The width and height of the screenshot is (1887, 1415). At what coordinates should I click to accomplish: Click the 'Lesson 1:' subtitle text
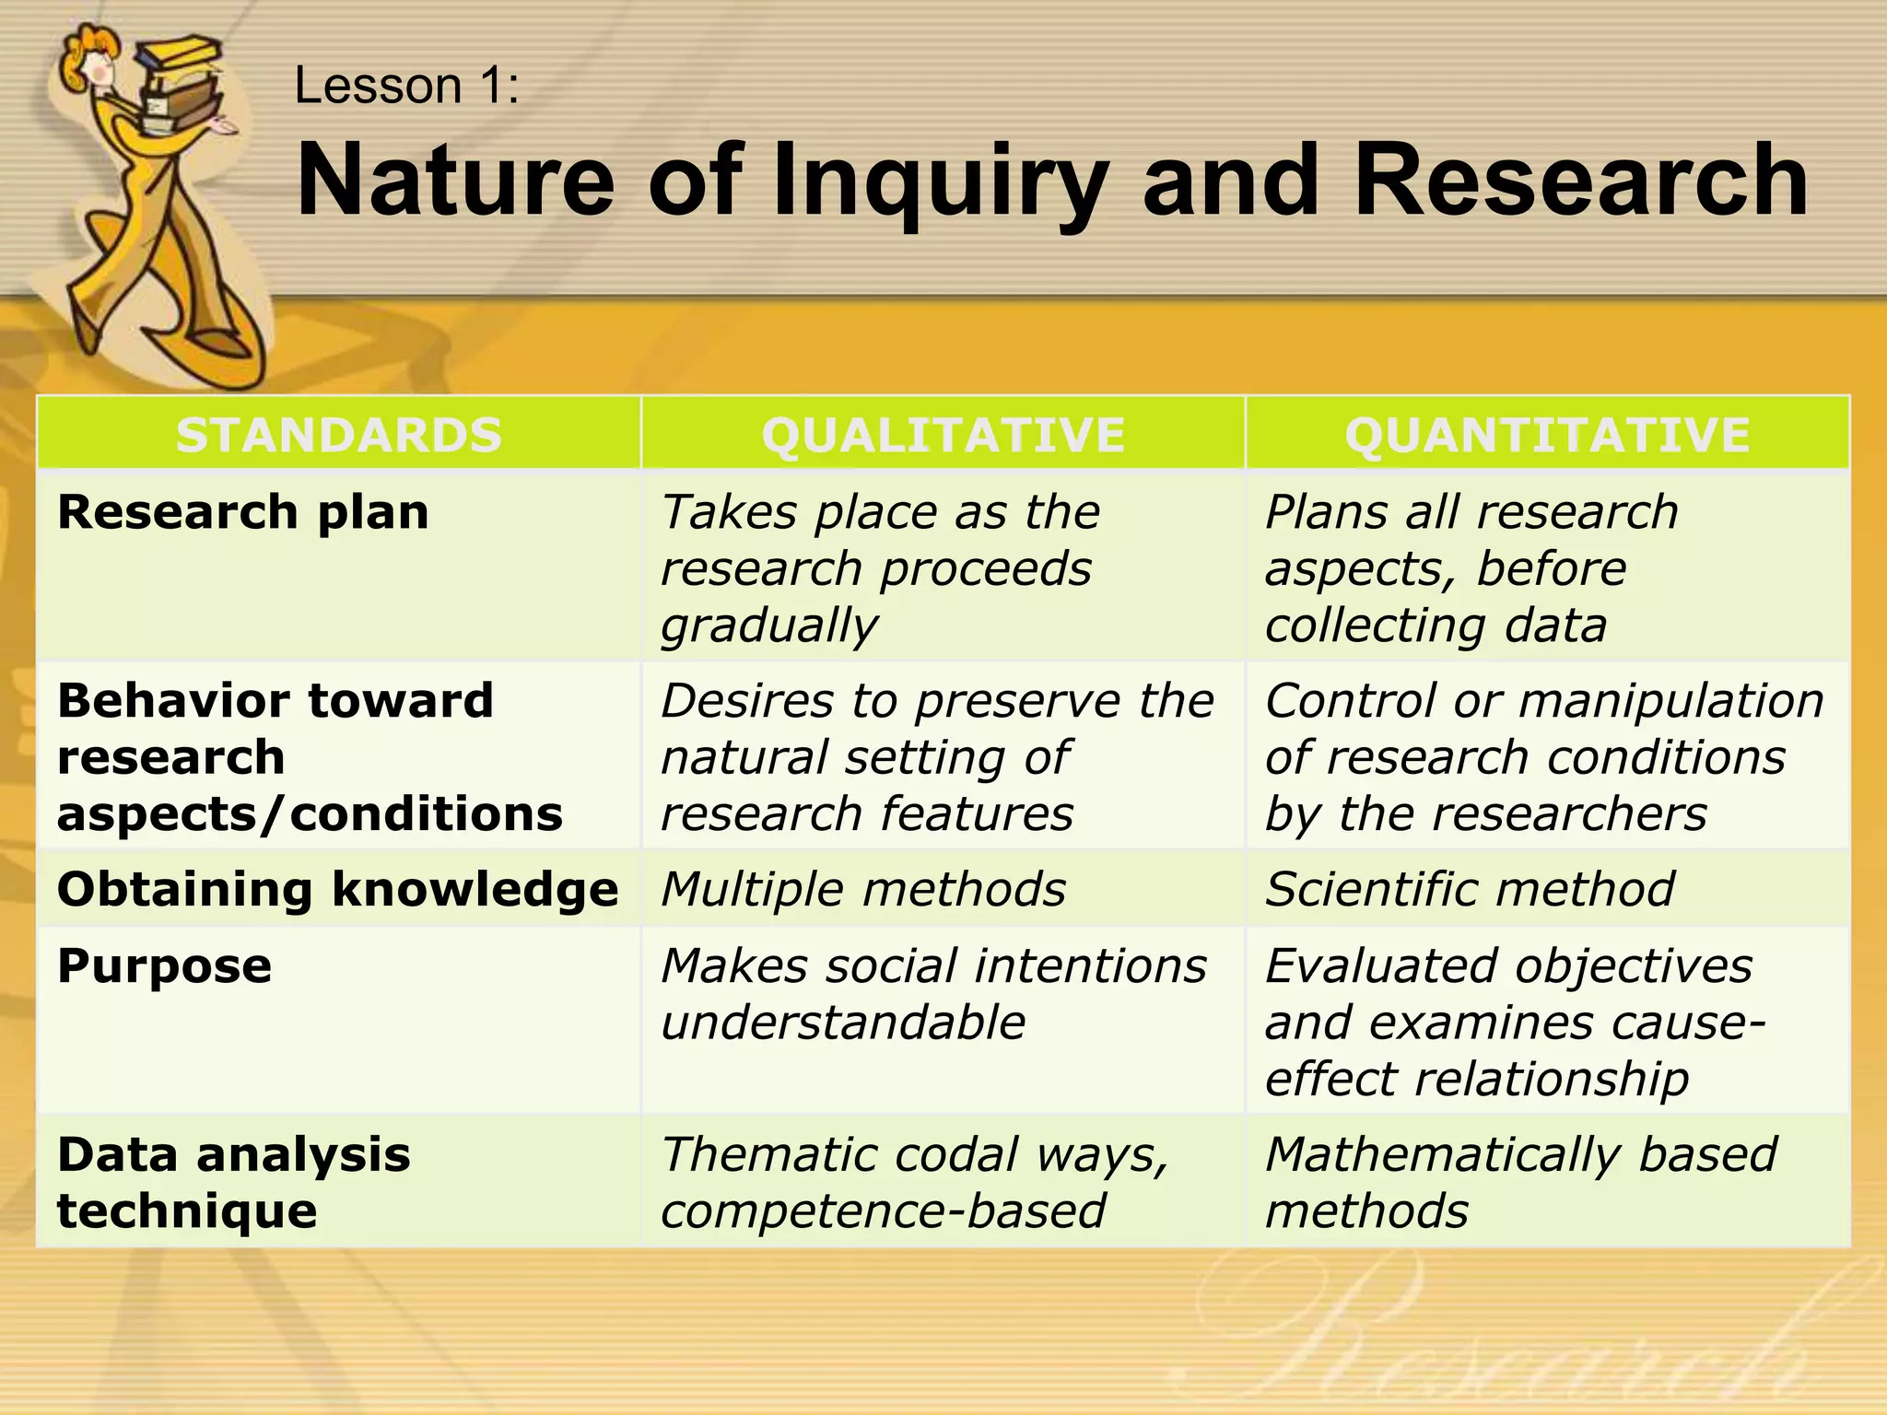point(406,87)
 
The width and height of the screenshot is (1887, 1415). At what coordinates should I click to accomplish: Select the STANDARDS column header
point(339,435)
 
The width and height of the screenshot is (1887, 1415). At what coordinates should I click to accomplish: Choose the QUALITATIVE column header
point(943,435)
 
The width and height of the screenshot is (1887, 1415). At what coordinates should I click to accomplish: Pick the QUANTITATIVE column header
point(1547,435)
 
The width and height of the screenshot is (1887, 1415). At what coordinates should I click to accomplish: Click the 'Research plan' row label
point(243,512)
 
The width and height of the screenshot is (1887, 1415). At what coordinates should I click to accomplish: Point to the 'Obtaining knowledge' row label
point(337,890)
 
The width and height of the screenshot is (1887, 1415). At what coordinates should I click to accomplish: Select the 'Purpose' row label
point(165,966)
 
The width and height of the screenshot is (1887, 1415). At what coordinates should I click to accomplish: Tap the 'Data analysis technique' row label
point(233,1182)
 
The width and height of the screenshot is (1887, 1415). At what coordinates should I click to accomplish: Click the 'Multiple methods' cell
point(863,890)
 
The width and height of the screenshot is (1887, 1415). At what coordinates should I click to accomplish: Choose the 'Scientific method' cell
point(1470,890)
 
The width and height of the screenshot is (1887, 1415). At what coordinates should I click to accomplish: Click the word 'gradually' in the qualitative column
point(769,626)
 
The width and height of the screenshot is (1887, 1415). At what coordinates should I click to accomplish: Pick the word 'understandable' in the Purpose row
point(843,1023)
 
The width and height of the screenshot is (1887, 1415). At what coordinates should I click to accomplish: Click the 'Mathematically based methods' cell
point(1520,1182)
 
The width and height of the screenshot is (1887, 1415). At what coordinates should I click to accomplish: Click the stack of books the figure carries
point(184,83)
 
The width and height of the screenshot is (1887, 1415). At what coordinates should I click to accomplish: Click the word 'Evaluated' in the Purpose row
point(1381,966)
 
